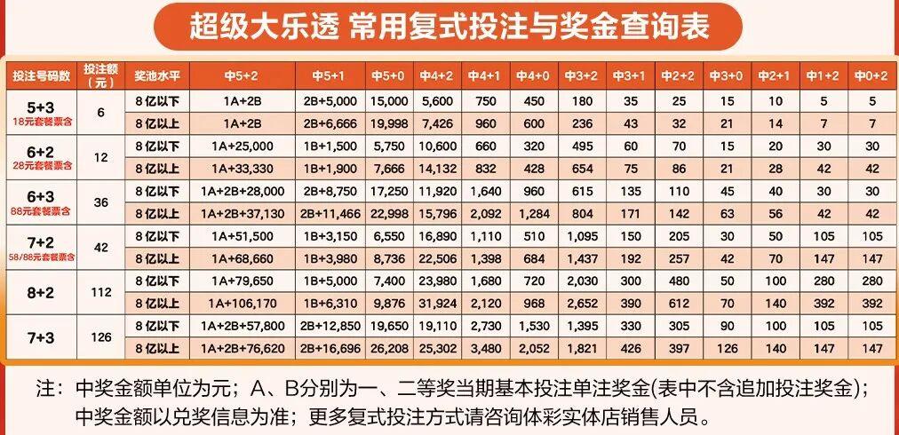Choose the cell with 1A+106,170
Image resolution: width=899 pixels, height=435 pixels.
[242, 303]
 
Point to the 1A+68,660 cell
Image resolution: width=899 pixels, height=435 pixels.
[242, 257]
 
